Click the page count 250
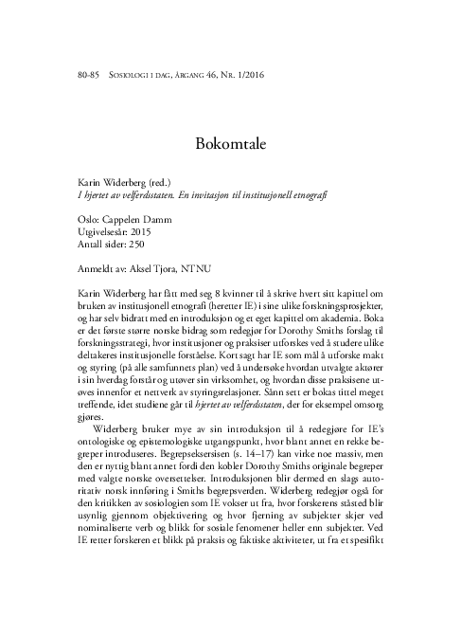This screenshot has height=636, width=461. pyautogui.click(x=136, y=243)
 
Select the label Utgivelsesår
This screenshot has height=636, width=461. pyautogui.click(x=102, y=229)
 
